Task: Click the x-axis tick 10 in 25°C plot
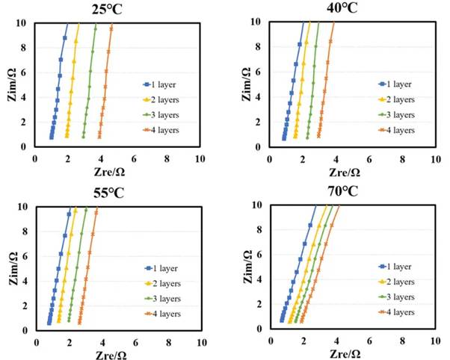click(200, 158)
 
